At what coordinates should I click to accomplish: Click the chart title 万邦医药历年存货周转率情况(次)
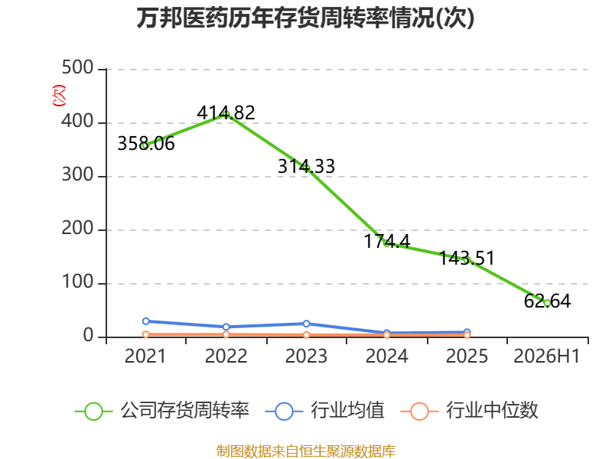pos(305,18)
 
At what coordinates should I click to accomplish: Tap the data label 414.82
pos(226,112)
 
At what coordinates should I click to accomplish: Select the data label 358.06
pos(146,144)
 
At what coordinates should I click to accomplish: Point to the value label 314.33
pos(307,166)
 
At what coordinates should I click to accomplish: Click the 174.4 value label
pos(387,241)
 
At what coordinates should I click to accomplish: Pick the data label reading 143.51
pos(467,258)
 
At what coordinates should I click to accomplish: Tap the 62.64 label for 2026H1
pos(547,301)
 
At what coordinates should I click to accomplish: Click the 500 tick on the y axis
pos(78,68)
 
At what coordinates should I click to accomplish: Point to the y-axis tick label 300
pos(78,175)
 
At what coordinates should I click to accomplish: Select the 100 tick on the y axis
pos(78,282)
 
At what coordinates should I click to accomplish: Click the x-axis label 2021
pos(145,356)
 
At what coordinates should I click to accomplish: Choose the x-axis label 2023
pos(307,356)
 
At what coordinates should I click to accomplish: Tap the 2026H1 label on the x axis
pos(547,356)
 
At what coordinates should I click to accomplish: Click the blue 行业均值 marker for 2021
pos(146,321)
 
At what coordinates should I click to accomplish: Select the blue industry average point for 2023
pos(307,324)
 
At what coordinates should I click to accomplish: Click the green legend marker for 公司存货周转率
pos(93,412)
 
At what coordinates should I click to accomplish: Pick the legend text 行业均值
pos(347,410)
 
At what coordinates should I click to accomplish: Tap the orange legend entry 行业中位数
pos(470,411)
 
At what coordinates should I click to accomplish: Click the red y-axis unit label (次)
pos(59,96)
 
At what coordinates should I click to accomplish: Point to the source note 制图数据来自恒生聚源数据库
pos(306,451)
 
